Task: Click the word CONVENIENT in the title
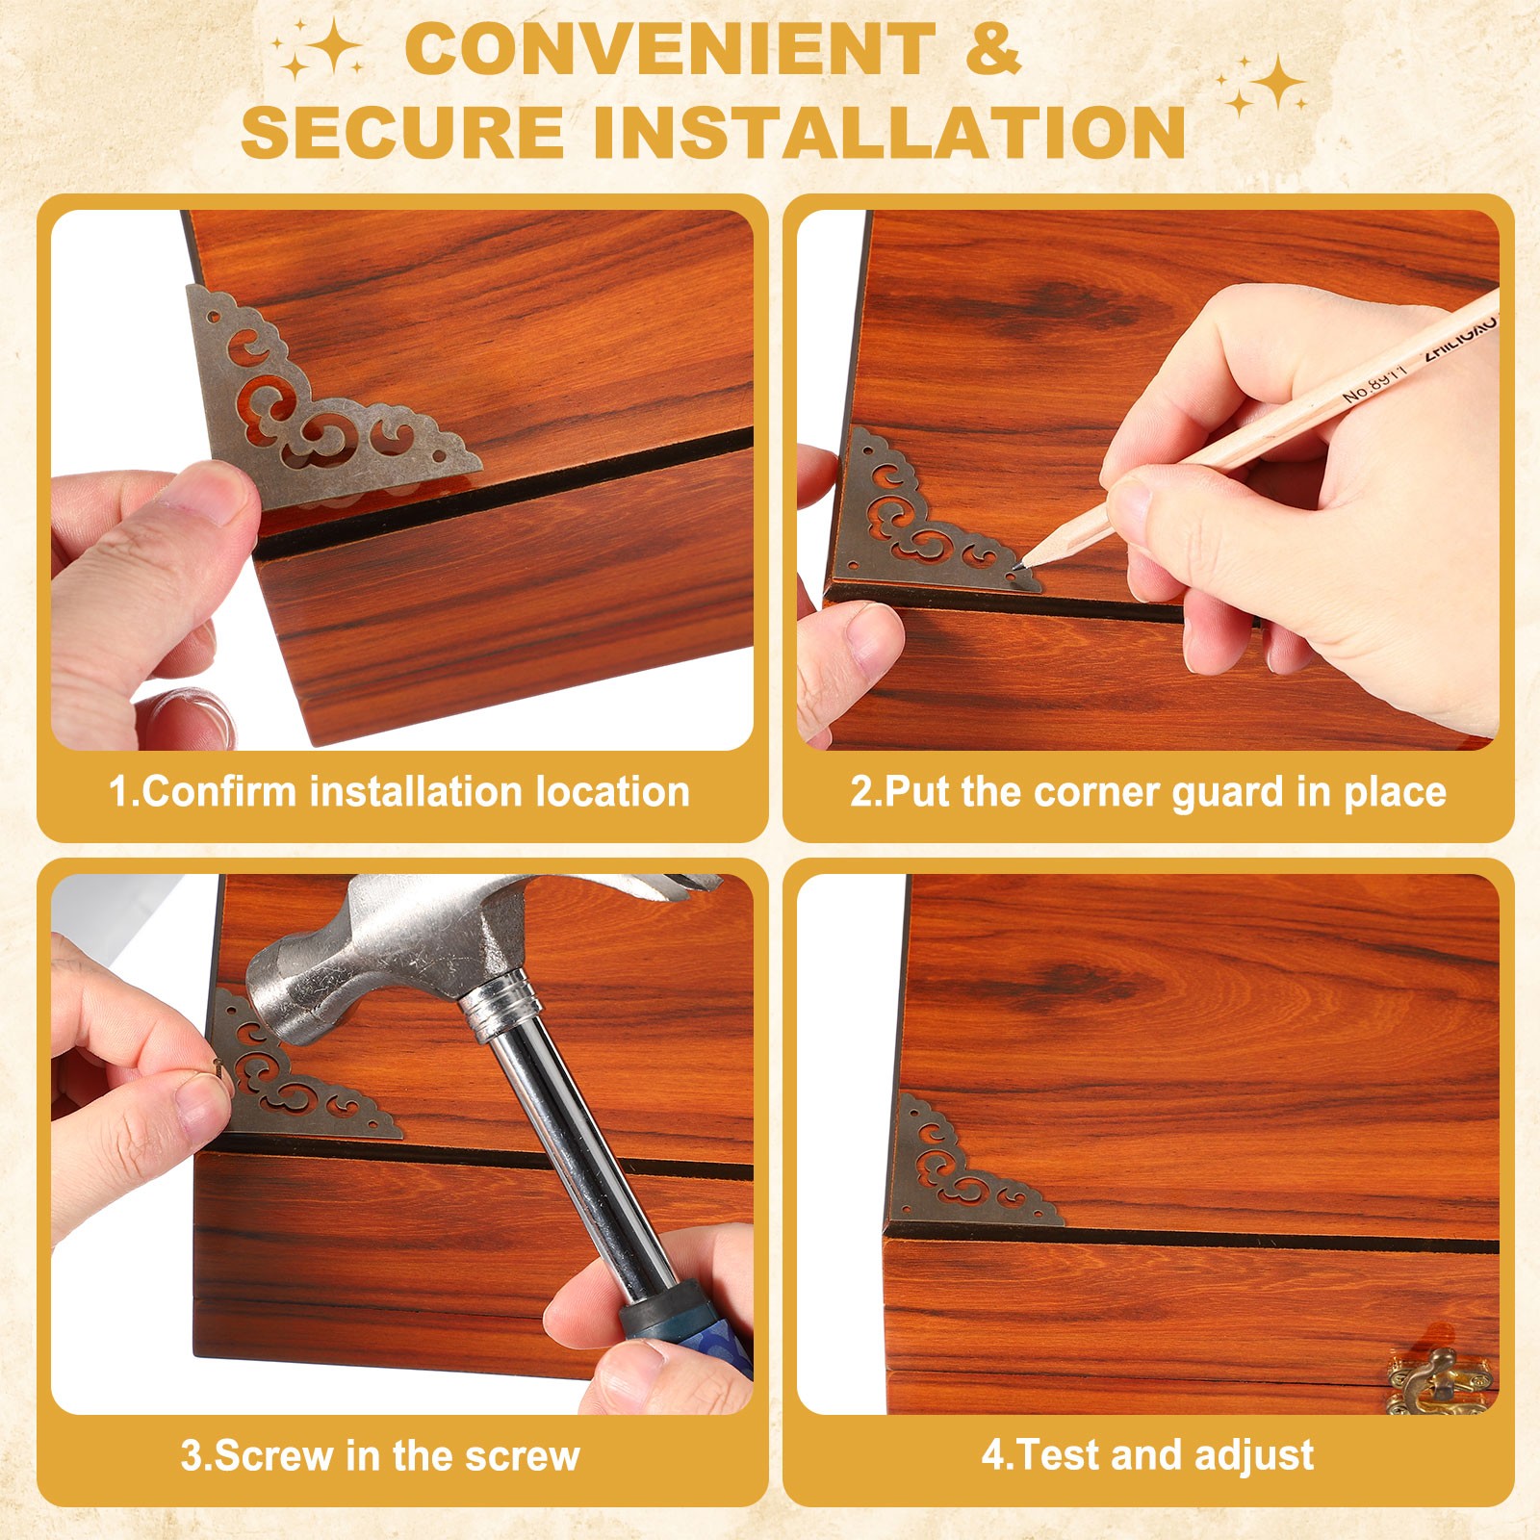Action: pyautogui.click(x=671, y=48)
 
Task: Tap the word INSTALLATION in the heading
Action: pyautogui.click(x=888, y=132)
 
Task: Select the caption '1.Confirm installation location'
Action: pyautogui.click(x=399, y=792)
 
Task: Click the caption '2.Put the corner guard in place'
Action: pyautogui.click(x=1148, y=792)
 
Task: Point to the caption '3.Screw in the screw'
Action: pyautogui.click(x=380, y=1455)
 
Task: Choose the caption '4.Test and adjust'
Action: pyautogui.click(x=1147, y=1455)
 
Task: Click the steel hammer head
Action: pyautogui.click(x=404, y=962)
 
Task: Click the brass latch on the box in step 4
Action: pyautogui.click(x=1439, y=1381)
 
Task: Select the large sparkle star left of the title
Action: pyautogui.click(x=332, y=46)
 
